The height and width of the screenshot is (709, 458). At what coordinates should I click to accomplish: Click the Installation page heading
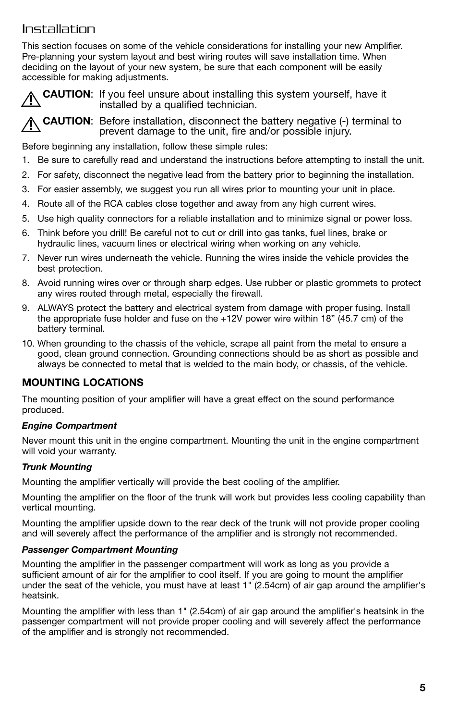click(59, 29)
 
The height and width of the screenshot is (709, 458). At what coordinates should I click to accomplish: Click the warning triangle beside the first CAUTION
click(31, 99)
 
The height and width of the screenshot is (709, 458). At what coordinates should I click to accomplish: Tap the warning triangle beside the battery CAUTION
click(31, 125)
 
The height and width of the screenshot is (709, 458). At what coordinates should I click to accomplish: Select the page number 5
click(422, 688)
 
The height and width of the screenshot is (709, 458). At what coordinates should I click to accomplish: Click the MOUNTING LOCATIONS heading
click(83, 383)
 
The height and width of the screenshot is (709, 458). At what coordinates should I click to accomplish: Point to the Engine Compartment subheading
click(69, 426)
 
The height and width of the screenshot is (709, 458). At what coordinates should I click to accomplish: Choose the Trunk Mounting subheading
click(57, 467)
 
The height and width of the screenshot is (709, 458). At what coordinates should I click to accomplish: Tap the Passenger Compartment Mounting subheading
click(100, 549)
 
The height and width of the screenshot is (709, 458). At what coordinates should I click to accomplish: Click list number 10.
click(28, 343)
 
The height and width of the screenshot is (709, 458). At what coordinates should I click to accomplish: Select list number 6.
click(26, 233)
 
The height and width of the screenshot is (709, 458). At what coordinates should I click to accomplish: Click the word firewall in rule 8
click(245, 294)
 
